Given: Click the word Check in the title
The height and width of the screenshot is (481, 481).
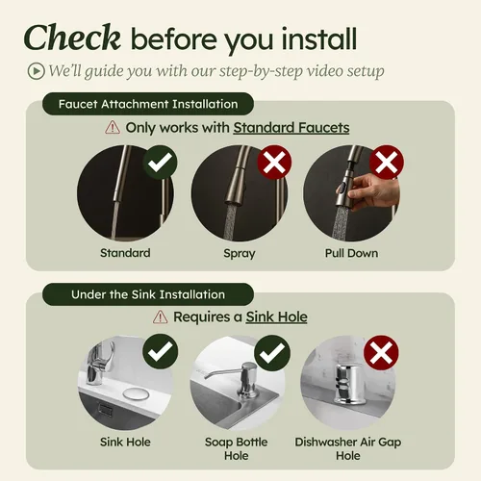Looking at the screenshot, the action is [x=72, y=38].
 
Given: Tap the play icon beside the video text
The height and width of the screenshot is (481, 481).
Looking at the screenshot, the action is [x=36, y=71].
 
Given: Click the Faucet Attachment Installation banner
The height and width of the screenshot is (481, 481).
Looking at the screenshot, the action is [x=148, y=104].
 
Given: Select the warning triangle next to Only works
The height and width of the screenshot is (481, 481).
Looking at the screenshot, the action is [x=113, y=127].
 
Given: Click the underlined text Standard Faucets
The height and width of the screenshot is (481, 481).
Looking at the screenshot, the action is [x=291, y=128].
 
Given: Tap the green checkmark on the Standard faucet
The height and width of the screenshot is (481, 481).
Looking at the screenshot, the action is [x=160, y=163].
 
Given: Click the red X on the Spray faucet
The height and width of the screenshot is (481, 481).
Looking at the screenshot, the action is [x=274, y=163].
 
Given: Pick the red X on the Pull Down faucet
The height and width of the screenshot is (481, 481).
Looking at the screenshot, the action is [x=387, y=163].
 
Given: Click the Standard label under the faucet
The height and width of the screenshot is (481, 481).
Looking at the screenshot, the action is [x=125, y=253].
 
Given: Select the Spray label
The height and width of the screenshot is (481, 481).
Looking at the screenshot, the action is [x=240, y=254].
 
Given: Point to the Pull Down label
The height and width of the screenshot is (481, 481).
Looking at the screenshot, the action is [x=351, y=253].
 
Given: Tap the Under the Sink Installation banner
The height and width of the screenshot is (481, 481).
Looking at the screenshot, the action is [x=148, y=294].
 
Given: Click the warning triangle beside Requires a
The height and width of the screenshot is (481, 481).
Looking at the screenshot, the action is [x=160, y=316].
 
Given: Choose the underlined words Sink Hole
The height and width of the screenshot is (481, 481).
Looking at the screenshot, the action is [x=276, y=316].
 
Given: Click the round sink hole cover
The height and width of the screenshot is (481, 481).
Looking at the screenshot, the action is [x=136, y=394].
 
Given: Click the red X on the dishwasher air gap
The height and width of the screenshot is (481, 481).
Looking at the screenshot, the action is [x=381, y=353].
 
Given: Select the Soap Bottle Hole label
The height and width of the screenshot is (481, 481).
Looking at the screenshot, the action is [x=237, y=448].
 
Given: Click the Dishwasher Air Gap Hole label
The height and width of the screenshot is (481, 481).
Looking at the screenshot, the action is [x=348, y=448].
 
